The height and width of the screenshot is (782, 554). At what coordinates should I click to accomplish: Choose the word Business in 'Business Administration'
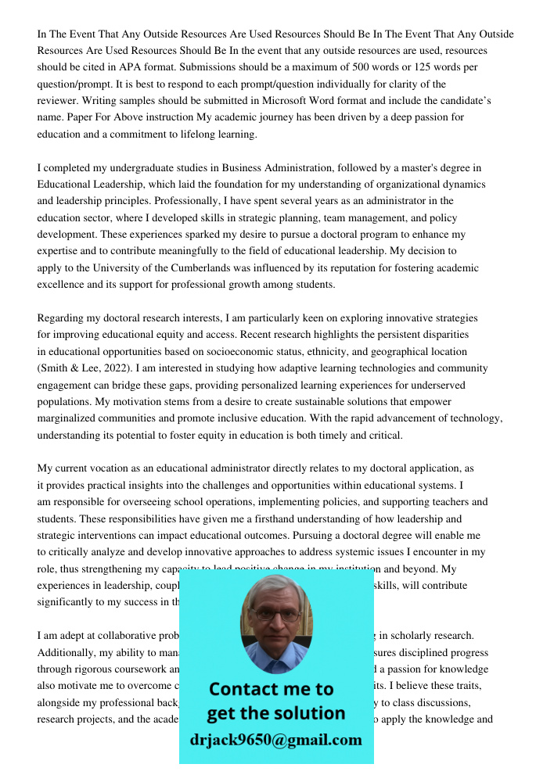[243, 167]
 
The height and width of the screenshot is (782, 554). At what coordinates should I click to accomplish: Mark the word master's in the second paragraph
[406, 167]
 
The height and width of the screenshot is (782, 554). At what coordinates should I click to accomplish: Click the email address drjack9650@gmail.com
[275, 740]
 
